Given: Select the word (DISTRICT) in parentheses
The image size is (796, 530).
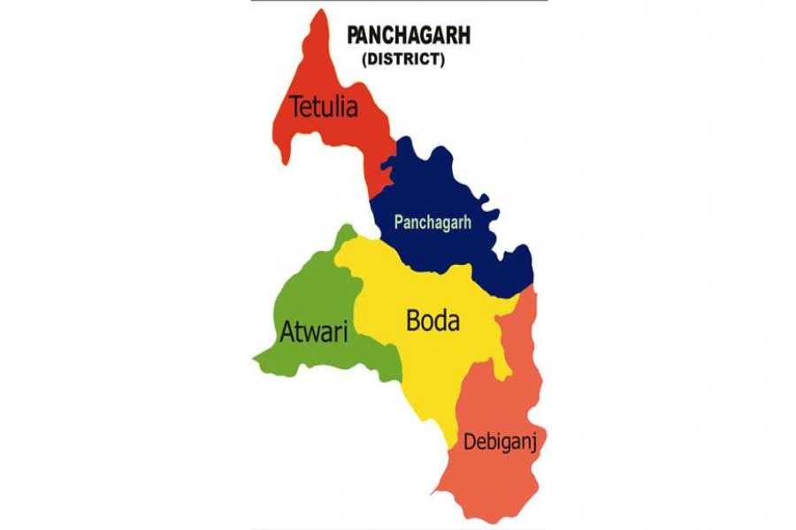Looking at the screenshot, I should point(402,60).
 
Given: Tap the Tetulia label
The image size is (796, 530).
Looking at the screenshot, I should point(324,109).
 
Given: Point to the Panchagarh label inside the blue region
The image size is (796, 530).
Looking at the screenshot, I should point(432,223).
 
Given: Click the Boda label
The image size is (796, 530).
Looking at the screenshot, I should point(432,321).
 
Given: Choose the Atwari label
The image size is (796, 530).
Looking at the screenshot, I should point(313,333).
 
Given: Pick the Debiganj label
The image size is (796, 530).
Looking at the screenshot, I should point(498,439).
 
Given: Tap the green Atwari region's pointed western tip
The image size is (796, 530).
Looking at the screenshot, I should point(256,358).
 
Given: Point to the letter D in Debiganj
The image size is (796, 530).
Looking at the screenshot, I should point(468,439).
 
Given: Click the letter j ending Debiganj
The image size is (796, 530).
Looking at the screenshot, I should point(532,441).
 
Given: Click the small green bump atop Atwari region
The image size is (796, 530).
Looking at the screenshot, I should point(345,231).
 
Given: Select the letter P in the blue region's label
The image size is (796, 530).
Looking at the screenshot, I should point(399,223).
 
